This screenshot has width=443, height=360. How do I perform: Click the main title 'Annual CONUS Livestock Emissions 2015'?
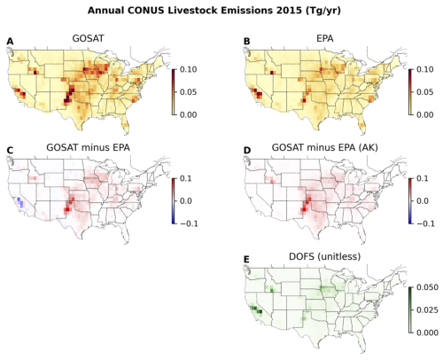pyautogui.click(x=195, y=11)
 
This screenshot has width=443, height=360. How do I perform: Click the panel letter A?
pyautogui.click(x=10, y=42)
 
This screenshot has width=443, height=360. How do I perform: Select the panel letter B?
pyautogui.click(x=246, y=42)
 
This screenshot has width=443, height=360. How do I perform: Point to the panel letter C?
pyautogui.click(x=10, y=151)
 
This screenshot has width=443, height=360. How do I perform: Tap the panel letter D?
pyautogui.click(x=247, y=151)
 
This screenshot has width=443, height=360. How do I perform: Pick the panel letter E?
pyautogui.click(x=246, y=260)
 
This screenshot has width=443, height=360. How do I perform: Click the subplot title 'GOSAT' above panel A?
pyautogui.click(x=88, y=38)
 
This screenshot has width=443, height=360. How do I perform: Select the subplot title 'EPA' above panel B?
pyautogui.click(x=325, y=38)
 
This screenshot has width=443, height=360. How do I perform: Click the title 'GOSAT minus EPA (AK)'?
pyautogui.click(x=325, y=147)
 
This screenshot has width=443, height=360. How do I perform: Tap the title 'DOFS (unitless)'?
pyautogui.click(x=325, y=256)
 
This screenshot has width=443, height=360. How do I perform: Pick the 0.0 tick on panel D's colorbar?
pyautogui.click(x=423, y=201)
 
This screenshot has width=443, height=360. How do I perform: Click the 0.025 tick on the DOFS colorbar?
pyautogui.click(x=427, y=309)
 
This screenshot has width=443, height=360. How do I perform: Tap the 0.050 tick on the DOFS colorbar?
pyautogui.click(x=427, y=287)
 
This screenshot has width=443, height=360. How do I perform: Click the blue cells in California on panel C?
pyautogui.click(x=19, y=203)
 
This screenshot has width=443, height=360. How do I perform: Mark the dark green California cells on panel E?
pyautogui.click(x=257, y=309)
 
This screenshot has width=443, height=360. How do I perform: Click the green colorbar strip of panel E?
pyautogui.click(x=410, y=310)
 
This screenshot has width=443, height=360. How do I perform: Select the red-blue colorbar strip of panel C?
pyautogui.click(x=174, y=201)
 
